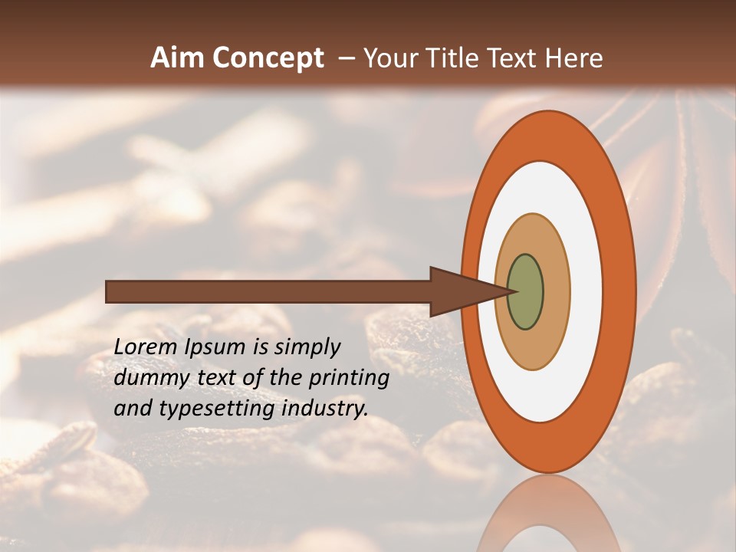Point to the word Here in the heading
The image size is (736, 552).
574,58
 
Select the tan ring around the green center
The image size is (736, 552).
556,291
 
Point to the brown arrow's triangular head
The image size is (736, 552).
460,291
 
